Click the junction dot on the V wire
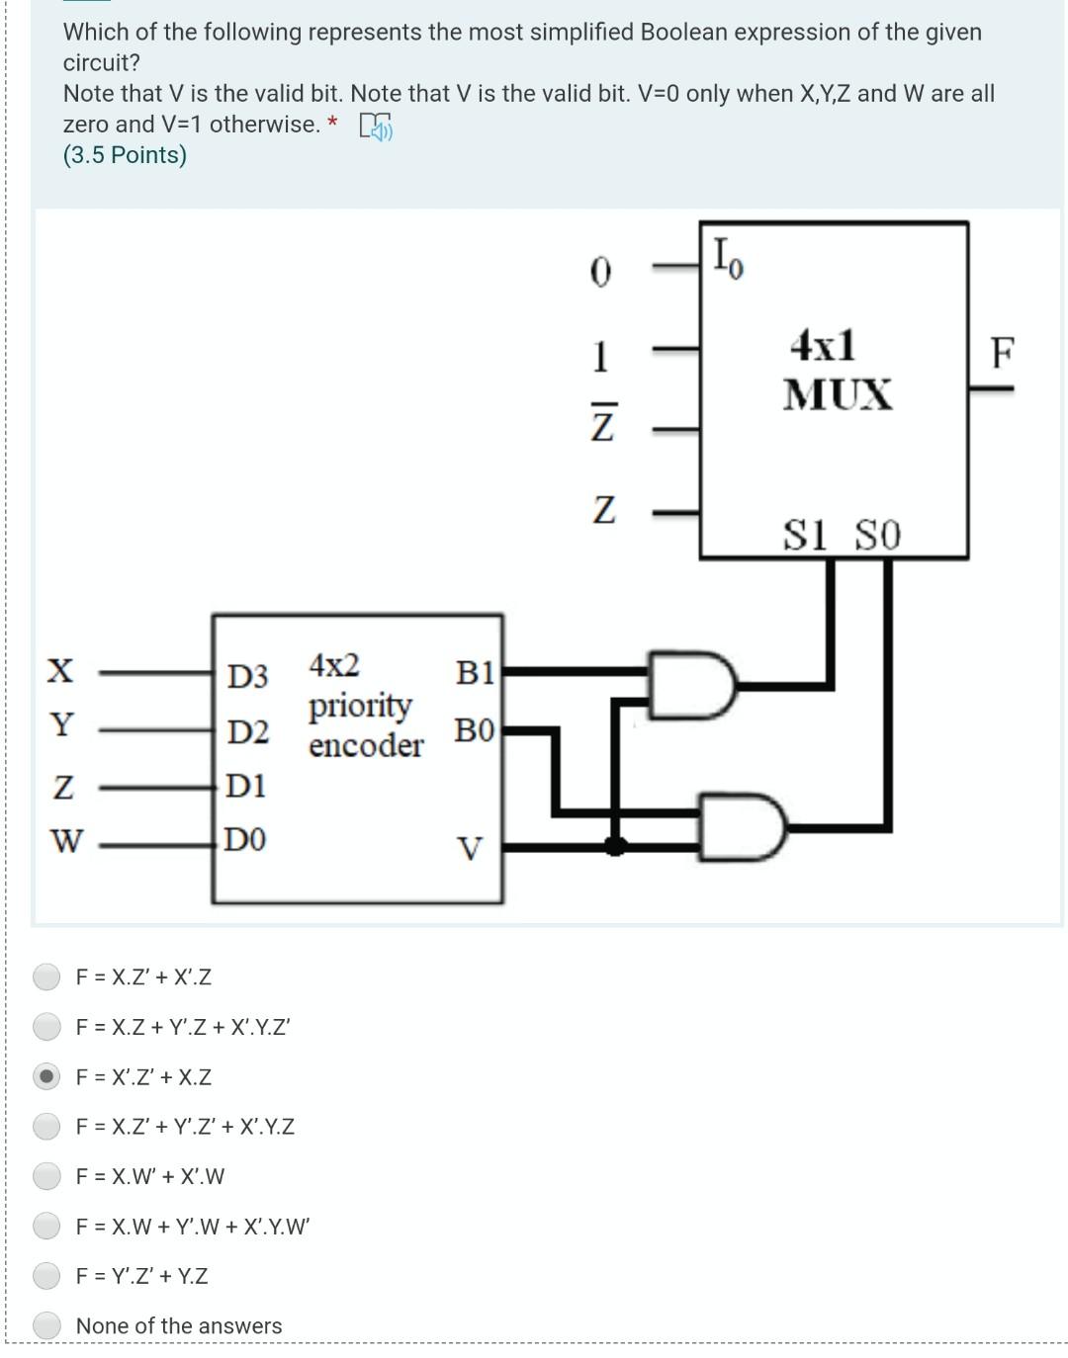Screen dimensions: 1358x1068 [615, 845]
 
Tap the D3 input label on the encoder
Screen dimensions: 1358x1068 [247, 677]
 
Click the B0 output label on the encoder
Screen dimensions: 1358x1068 [475, 731]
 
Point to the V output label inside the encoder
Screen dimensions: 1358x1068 [471, 849]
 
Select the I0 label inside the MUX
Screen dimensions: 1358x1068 [729, 259]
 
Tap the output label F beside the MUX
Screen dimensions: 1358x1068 [1002, 352]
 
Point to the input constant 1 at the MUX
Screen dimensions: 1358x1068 [600, 356]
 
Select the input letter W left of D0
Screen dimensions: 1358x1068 [66, 841]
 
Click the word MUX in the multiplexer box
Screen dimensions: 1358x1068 [837, 394]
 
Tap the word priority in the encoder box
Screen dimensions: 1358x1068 [360, 706]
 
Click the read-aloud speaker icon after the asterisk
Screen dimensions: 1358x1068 [376, 126]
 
